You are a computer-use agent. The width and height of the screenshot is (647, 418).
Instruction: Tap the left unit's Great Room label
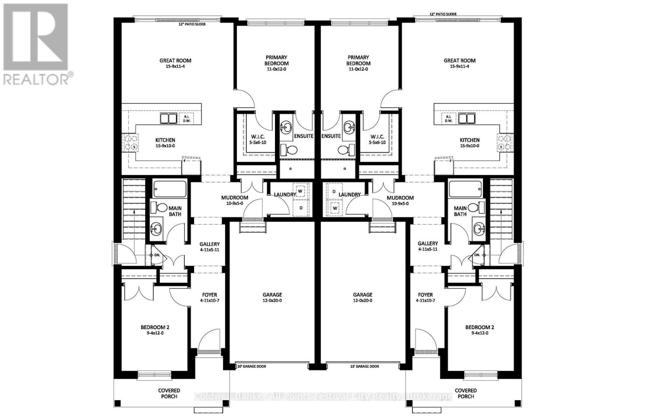(175, 61)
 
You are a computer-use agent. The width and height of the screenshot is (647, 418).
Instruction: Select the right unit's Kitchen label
(469, 140)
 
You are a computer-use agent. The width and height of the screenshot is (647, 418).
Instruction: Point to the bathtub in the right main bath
(465, 189)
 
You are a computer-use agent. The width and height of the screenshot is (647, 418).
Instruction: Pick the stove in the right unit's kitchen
(504, 142)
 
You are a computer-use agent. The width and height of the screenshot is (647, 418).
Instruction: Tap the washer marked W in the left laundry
(300, 191)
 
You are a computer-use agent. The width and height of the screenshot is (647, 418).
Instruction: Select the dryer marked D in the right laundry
(334, 191)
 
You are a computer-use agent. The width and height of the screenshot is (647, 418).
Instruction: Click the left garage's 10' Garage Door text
(252, 366)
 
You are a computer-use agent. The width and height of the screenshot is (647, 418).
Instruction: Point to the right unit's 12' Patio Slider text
(443, 14)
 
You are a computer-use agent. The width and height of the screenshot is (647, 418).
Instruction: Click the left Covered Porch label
(169, 393)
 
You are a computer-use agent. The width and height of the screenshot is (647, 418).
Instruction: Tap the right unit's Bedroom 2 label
(480, 328)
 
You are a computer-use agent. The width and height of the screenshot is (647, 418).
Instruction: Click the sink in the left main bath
(156, 229)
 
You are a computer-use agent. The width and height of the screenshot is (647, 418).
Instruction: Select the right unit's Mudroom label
(400, 198)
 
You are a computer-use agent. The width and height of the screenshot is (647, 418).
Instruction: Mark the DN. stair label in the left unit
(157, 255)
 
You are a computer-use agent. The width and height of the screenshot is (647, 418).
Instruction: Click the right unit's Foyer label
(425, 295)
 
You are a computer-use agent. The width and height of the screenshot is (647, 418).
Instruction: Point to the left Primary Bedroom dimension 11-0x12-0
(277, 69)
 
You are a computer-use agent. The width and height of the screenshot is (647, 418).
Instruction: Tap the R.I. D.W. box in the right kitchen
(448, 118)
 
